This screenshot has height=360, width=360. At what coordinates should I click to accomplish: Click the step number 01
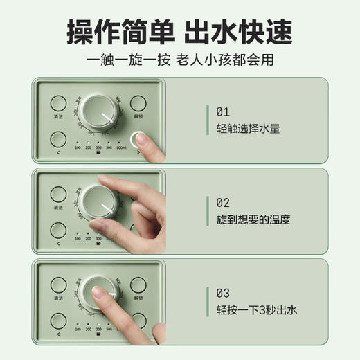point(222,111)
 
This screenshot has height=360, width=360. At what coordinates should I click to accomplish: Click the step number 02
point(222,202)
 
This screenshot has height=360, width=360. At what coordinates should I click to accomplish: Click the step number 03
point(222,293)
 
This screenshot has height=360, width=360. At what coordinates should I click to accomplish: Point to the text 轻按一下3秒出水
point(256,310)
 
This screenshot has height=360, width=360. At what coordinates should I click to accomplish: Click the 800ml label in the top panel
point(122,147)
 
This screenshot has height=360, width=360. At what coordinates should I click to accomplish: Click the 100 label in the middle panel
point(78,238)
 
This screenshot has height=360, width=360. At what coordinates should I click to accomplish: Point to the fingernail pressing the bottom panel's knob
point(100,296)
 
